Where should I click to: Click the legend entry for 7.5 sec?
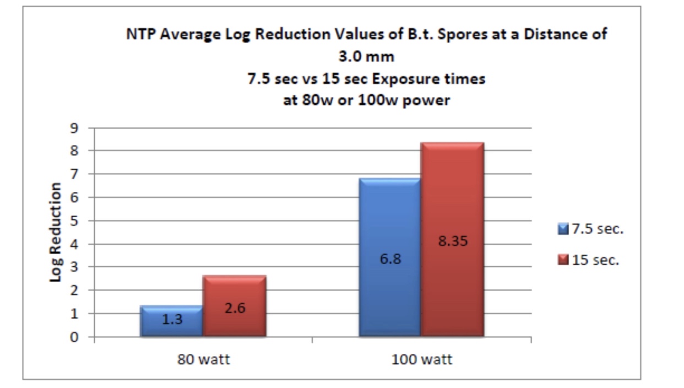pyautogui.click(x=590, y=229)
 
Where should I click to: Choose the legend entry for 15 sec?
pyautogui.click(x=588, y=260)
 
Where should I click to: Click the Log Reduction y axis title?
pyautogui.click(x=56, y=232)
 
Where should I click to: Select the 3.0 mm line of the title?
pyautogui.click(x=367, y=57)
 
